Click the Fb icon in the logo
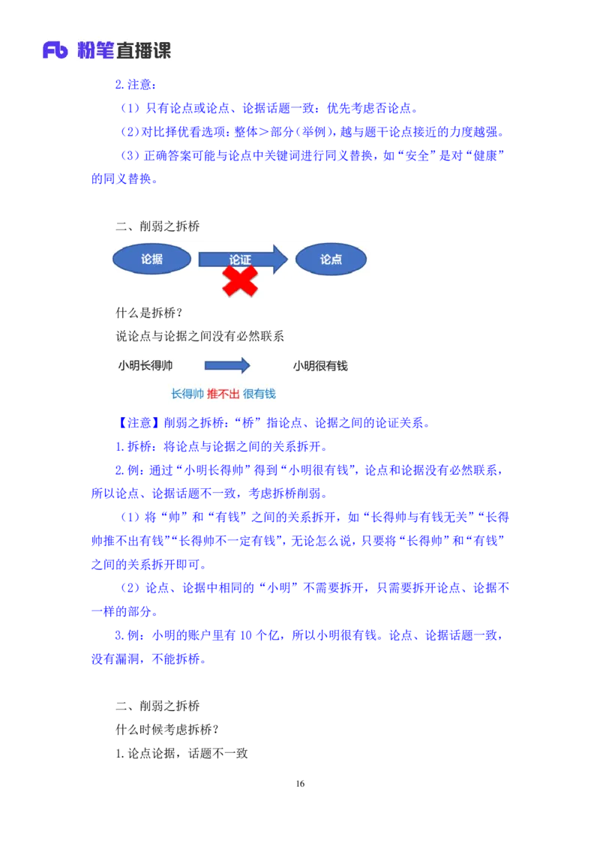(x=55, y=50)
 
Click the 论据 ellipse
(x=151, y=259)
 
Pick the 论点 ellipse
(x=331, y=259)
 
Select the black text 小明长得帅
(x=145, y=366)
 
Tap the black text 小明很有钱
(x=320, y=366)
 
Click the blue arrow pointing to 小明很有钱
(x=227, y=366)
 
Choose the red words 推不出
(x=223, y=394)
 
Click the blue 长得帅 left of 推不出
(x=187, y=394)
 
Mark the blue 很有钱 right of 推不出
(x=259, y=394)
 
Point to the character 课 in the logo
(x=162, y=50)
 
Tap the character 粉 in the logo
(x=84, y=50)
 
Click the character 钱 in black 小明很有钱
(x=342, y=366)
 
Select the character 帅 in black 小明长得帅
(x=167, y=366)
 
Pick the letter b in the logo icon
(x=62, y=51)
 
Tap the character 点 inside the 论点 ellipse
(x=337, y=259)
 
